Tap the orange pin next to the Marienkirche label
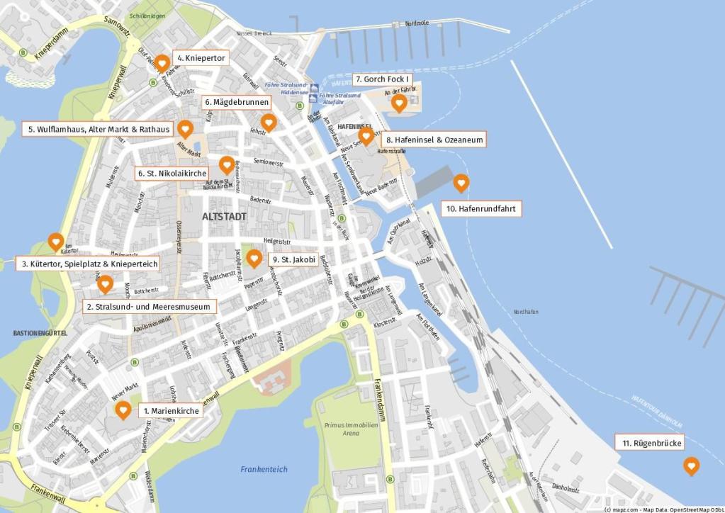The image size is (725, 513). point(123,410)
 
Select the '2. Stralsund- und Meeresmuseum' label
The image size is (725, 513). point(149,307)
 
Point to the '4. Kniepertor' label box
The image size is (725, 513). point(201,57)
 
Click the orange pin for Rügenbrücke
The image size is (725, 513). point(690,466)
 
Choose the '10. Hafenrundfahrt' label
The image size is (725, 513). point(480,209)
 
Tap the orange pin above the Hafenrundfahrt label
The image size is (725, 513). point(461,183)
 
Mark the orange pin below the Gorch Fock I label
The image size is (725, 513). point(399,104)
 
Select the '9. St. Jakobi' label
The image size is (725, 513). point(293,260)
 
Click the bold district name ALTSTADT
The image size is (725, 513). point(224,216)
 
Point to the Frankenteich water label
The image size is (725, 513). point(264,469)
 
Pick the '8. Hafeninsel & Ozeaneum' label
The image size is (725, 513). point(434,140)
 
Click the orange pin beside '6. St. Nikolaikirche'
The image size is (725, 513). point(226,165)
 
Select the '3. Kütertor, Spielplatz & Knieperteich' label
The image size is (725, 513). point(88,264)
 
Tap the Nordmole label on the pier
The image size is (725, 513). point(416,23)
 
